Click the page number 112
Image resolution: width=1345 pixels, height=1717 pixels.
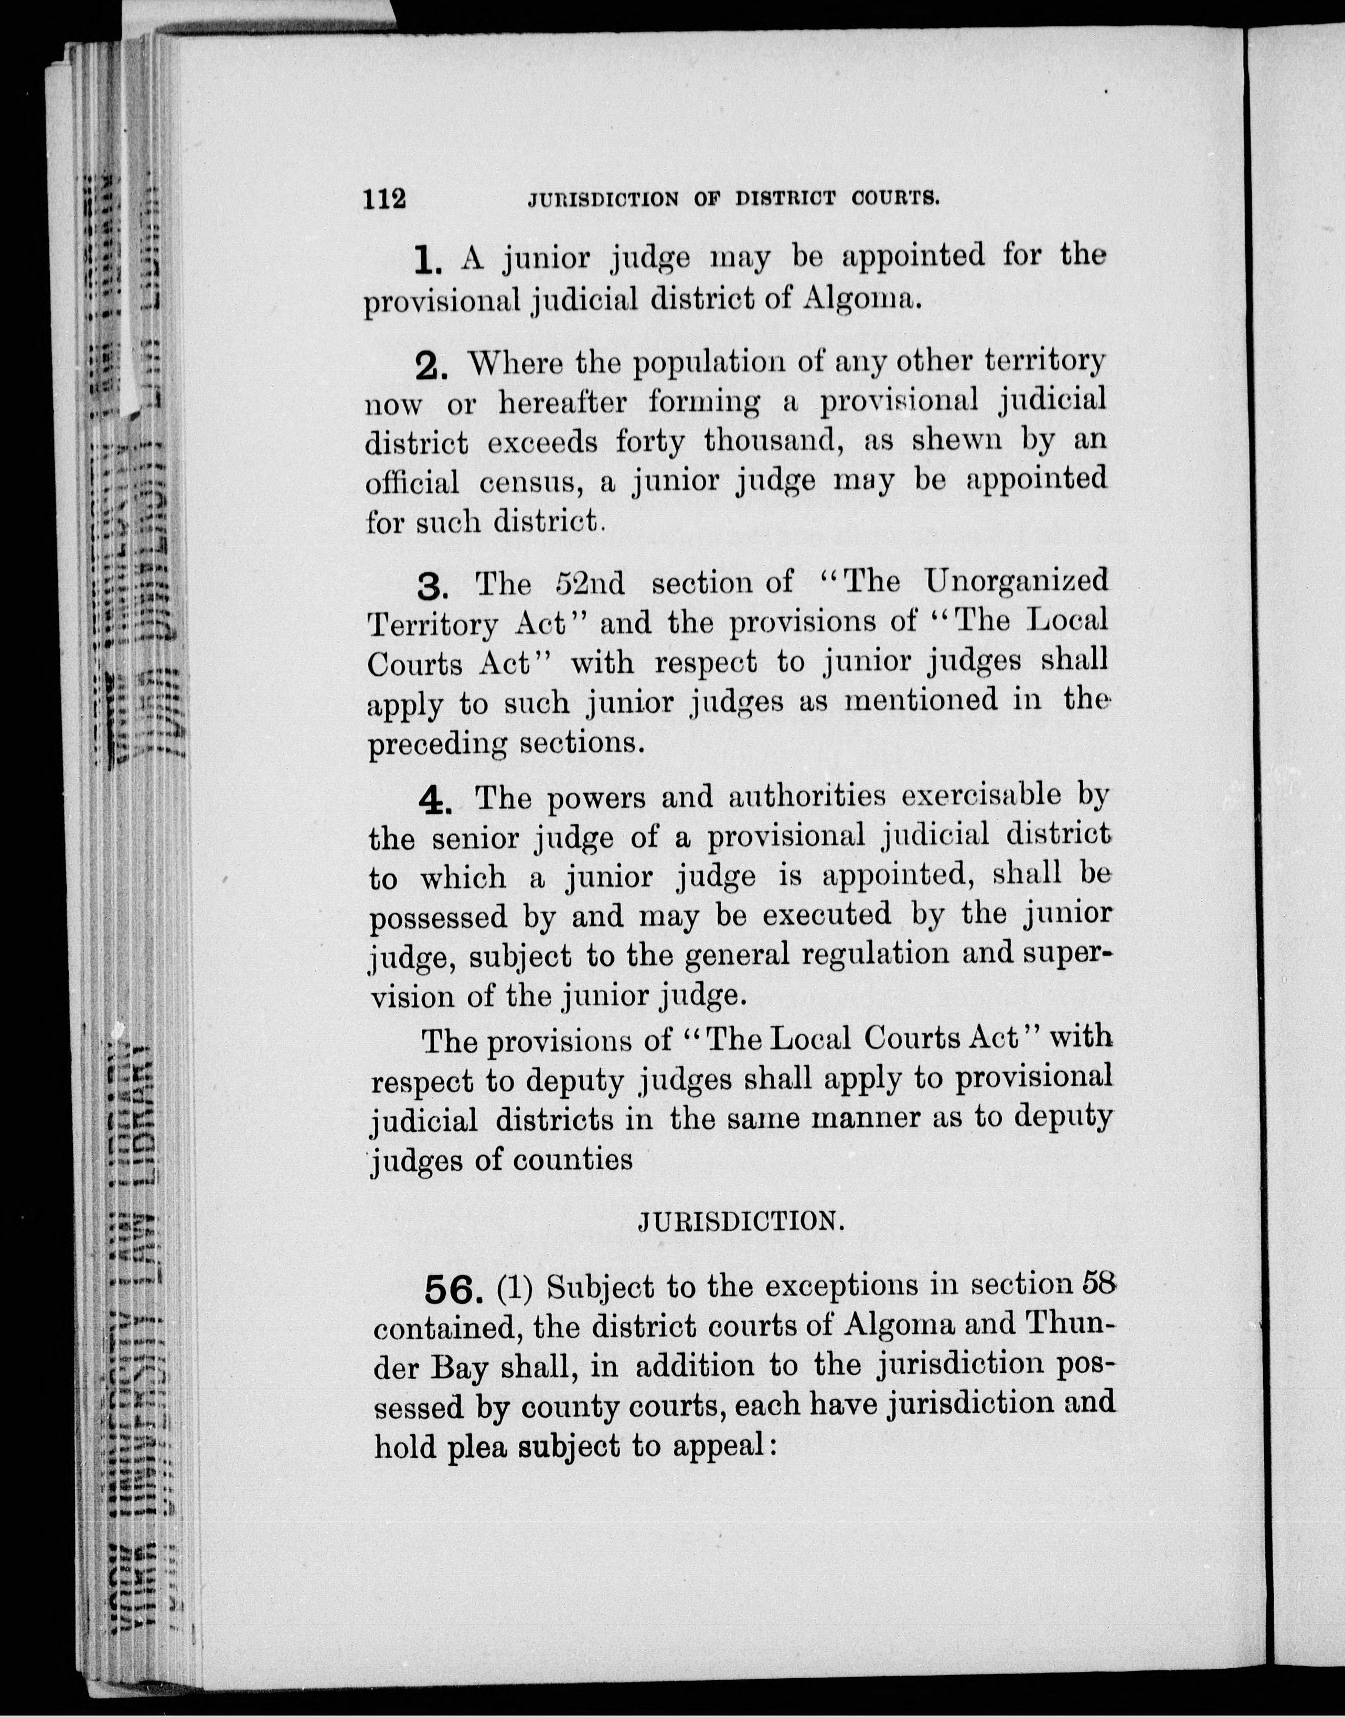385,198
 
